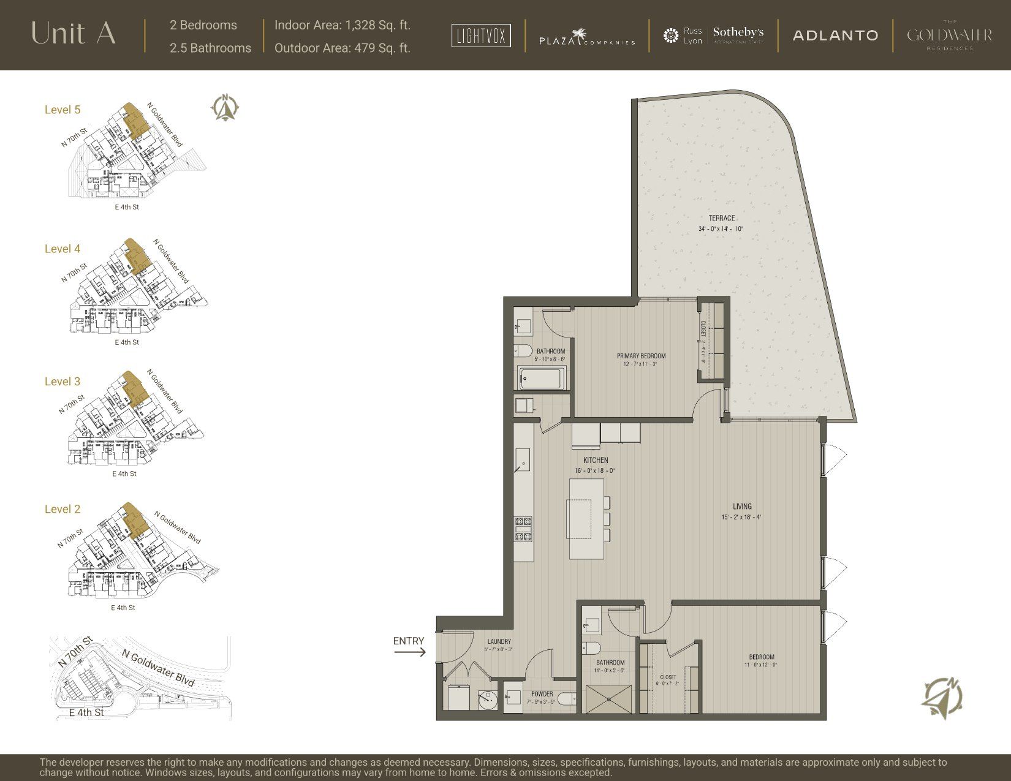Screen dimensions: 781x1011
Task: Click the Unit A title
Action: pyautogui.click(x=73, y=34)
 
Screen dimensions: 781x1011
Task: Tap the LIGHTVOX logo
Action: pyautogui.click(x=481, y=36)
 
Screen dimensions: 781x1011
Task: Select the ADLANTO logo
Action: pyautogui.click(x=835, y=36)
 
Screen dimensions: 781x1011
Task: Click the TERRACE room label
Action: pyautogui.click(x=721, y=219)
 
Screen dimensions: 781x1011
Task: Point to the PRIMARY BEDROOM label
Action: pyautogui.click(x=641, y=356)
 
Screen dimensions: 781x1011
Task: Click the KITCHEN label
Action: pyautogui.click(x=595, y=460)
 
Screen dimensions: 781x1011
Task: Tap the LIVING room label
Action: pyautogui.click(x=742, y=507)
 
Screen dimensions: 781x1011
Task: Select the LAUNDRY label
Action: pyautogui.click(x=499, y=641)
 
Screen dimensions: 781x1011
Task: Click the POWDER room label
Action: pyautogui.click(x=542, y=695)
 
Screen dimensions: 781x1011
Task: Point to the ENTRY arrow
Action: pyautogui.click(x=410, y=652)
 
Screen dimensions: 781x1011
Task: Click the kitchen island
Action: pyautogui.click(x=586, y=519)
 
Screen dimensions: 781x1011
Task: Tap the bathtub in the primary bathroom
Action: pyautogui.click(x=542, y=379)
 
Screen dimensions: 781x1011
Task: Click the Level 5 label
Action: pyautogui.click(x=62, y=110)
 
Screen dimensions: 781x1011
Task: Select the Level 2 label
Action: pyautogui.click(x=62, y=509)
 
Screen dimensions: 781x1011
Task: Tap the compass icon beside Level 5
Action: pyautogui.click(x=225, y=108)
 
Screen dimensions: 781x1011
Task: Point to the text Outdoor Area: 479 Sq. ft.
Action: pyautogui.click(x=342, y=48)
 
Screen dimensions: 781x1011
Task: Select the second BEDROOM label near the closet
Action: pyautogui.click(x=762, y=657)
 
